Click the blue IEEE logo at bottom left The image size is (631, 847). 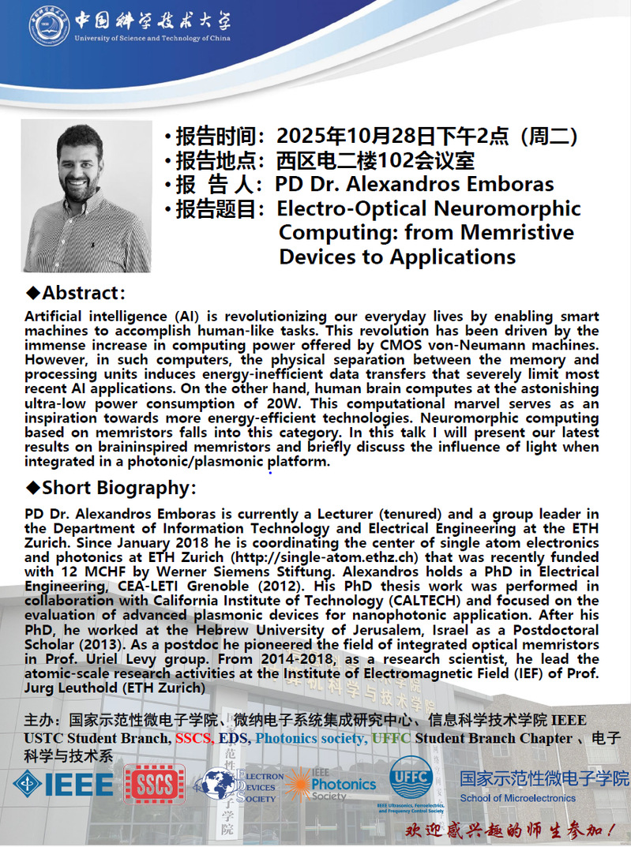point(63,784)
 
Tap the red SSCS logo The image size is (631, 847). point(154,785)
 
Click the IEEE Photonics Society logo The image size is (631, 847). point(332,785)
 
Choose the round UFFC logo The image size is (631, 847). point(411,778)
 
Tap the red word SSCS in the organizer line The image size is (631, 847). point(197,738)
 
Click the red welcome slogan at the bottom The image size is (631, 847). point(510,830)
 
